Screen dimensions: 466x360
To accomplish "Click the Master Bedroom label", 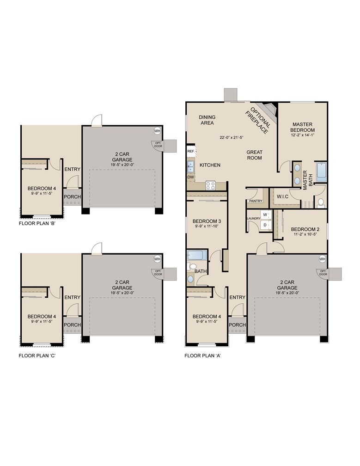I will [x=303, y=127].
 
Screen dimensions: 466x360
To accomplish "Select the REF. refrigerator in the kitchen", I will [x=190, y=151].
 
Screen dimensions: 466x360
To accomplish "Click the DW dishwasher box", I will [x=190, y=177].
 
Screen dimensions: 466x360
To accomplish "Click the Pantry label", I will [x=256, y=201].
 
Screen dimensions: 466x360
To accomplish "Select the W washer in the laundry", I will [x=265, y=215].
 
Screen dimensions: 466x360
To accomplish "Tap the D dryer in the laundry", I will [x=265, y=225].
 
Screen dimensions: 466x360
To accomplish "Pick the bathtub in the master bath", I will [x=321, y=172].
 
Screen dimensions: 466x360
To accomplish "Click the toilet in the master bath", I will [x=321, y=202].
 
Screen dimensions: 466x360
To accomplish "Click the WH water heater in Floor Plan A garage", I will [x=322, y=259].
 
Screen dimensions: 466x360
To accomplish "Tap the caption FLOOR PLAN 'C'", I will [x=37, y=356].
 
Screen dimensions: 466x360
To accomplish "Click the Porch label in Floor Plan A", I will [x=238, y=325].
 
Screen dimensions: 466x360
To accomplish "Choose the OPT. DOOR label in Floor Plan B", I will [x=157, y=144].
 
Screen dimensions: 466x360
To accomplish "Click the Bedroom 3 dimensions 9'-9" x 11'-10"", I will [x=207, y=227].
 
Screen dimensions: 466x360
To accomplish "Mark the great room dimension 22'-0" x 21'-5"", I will [x=232, y=137].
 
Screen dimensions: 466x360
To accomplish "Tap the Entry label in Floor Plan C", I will [x=72, y=297].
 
